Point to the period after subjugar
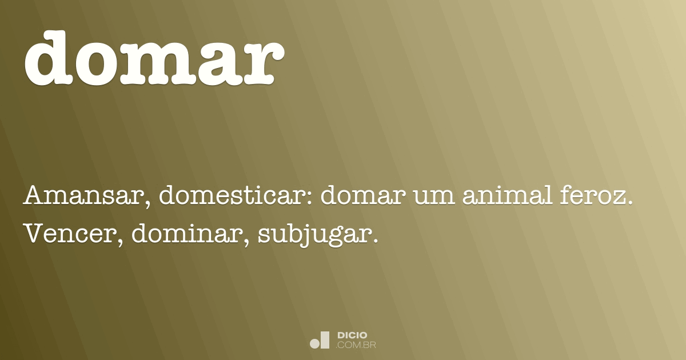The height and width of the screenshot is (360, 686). pos(376,240)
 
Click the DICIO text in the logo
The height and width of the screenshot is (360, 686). pos(353,335)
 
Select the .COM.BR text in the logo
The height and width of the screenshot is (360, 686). pos(356,345)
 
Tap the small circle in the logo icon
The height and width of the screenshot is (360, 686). pos(314,343)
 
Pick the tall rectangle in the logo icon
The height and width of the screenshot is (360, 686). pos(325,339)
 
